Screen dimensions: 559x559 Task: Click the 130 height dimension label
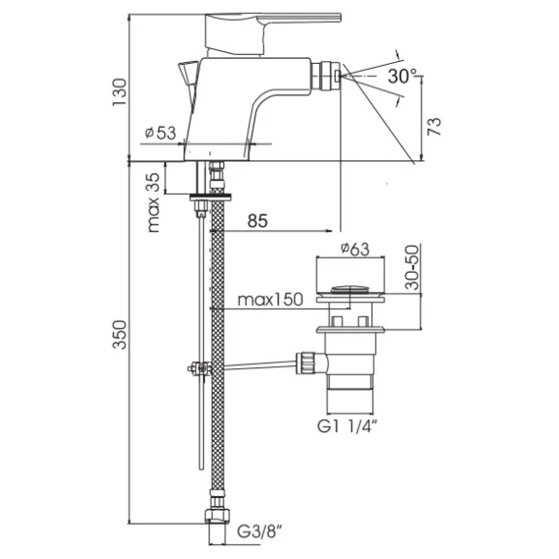[x=119, y=93]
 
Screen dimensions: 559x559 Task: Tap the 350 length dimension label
[x=119, y=335]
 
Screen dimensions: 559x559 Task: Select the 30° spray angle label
[x=403, y=76]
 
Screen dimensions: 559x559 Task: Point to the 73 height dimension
[x=434, y=126]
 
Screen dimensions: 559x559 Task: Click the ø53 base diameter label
[x=160, y=133]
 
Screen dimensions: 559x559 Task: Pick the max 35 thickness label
[x=154, y=203]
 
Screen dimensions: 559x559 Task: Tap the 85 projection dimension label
[x=258, y=221]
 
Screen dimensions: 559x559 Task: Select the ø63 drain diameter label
[x=355, y=249]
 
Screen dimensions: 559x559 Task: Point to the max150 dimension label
[x=271, y=299]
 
